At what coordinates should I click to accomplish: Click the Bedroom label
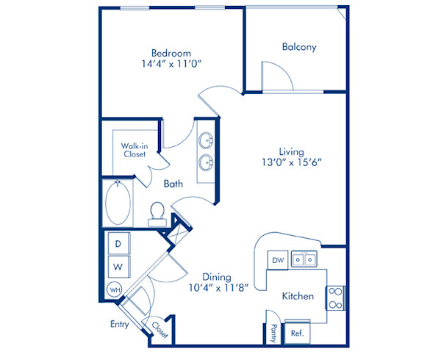tap(171, 53)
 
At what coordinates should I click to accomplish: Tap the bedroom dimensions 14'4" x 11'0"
tap(171, 64)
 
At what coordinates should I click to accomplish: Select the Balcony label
tap(299, 47)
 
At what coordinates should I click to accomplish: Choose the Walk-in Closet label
tap(134, 150)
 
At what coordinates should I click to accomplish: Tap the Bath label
tap(173, 184)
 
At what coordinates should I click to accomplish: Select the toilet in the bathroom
tap(156, 212)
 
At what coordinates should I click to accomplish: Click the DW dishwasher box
tap(279, 259)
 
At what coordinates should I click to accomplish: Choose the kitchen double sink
tap(303, 259)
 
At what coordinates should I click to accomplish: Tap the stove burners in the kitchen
tap(334, 297)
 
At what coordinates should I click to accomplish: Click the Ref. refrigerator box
tap(297, 332)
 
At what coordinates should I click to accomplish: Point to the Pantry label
tap(273, 333)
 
